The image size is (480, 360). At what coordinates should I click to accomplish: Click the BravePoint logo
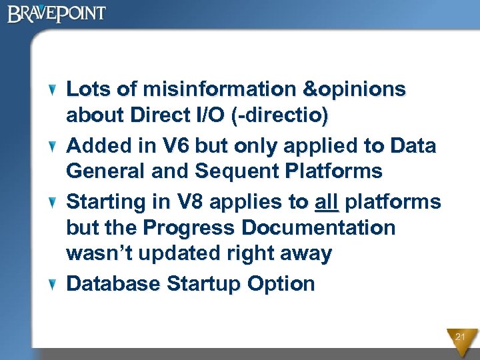57,14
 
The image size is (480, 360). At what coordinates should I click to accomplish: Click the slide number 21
460,337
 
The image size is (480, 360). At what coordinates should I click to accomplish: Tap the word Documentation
318,228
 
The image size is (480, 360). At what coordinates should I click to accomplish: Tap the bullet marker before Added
56,146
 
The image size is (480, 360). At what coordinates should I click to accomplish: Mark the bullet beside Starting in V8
56,202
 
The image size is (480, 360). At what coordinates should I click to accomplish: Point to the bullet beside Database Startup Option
56,285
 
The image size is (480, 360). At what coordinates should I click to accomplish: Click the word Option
281,284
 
